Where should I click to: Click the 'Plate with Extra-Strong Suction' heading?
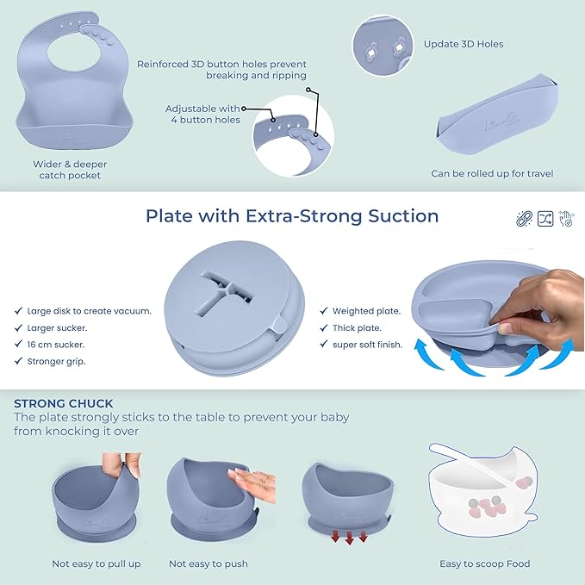pos(292,215)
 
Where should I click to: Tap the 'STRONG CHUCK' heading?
pos(64,402)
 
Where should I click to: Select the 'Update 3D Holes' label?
pos(464,44)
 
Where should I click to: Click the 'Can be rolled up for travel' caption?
pos(492,173)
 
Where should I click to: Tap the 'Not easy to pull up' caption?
pos(96,563)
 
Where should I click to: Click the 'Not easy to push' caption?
pos(208,563)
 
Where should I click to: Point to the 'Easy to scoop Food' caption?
pos(484,563)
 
